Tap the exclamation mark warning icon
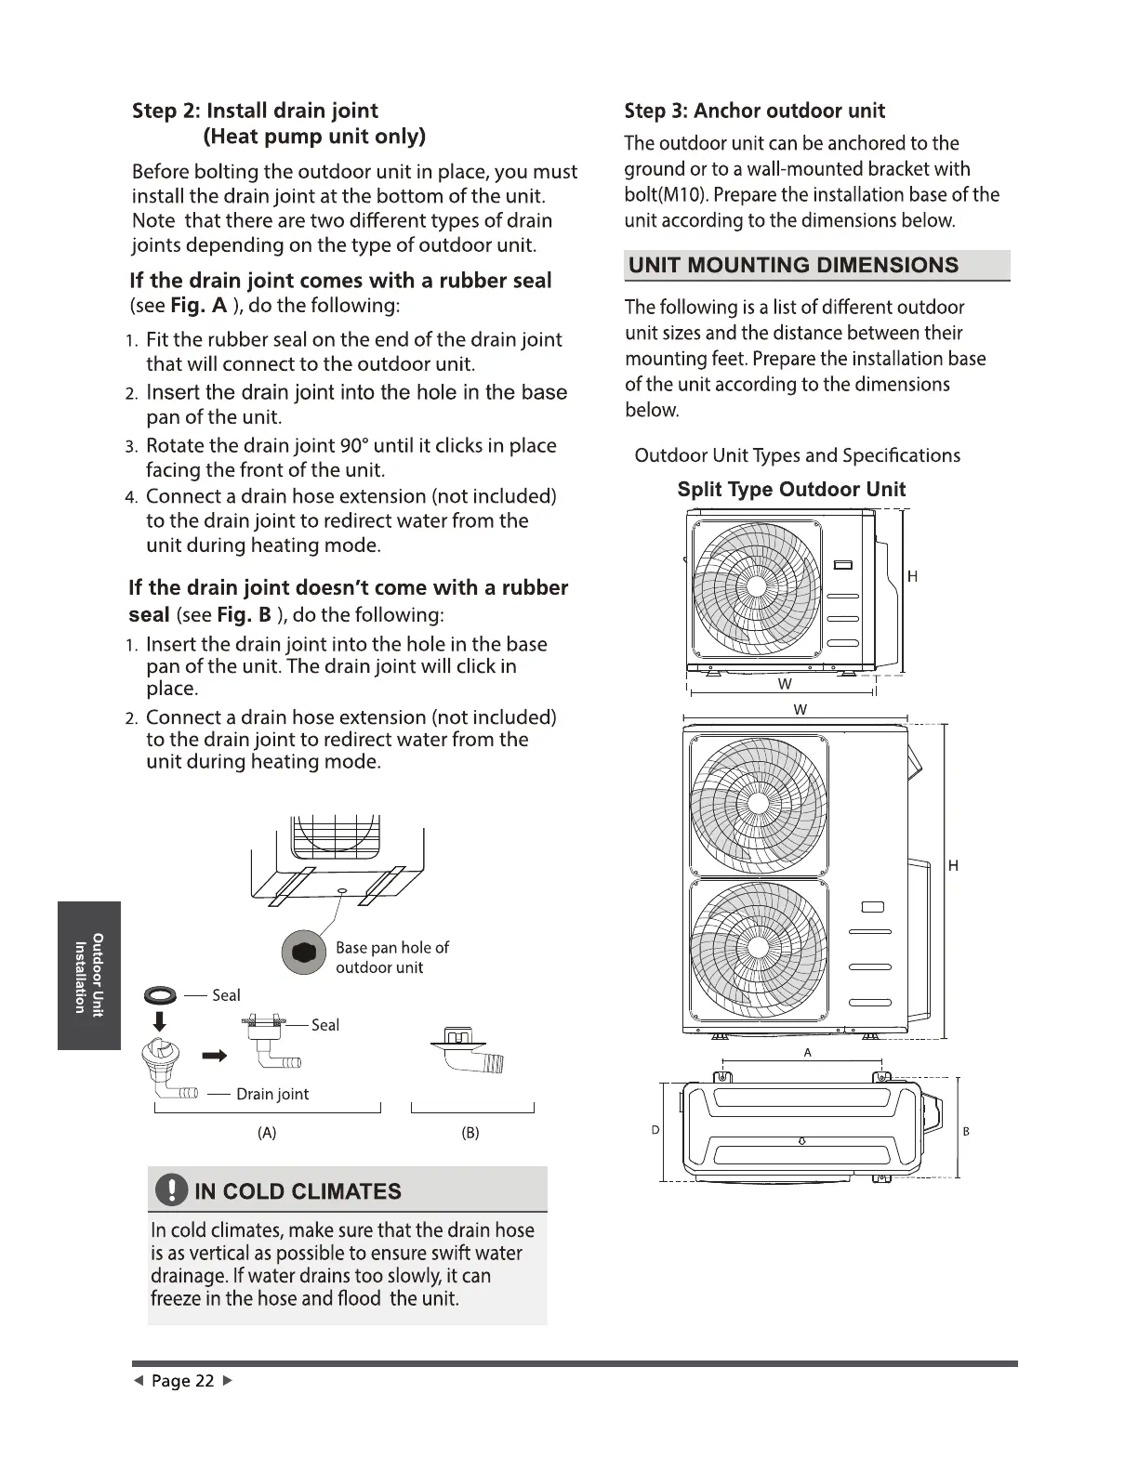coord(172,1190)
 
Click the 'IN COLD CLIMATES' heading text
coord(298,1191)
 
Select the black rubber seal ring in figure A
coord(160,995)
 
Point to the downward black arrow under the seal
coord(159,1022)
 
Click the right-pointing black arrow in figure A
coord(215,1056)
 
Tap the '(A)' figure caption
coord(267,1133)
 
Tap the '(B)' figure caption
coord(470,1133)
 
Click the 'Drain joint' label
coord(272,1094)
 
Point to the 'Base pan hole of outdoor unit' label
coord(391,957)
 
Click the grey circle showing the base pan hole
coord(304,953)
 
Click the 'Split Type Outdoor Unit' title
coord(791,490)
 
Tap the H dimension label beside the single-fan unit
coord(912,576)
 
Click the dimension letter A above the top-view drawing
coord(807,1053)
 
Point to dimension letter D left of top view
coord(655,1130)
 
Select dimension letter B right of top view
coord(966,1131)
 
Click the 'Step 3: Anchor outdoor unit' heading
coord(754,111)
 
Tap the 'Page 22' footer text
coord(183,1381)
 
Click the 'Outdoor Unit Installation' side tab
coord(89,975)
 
